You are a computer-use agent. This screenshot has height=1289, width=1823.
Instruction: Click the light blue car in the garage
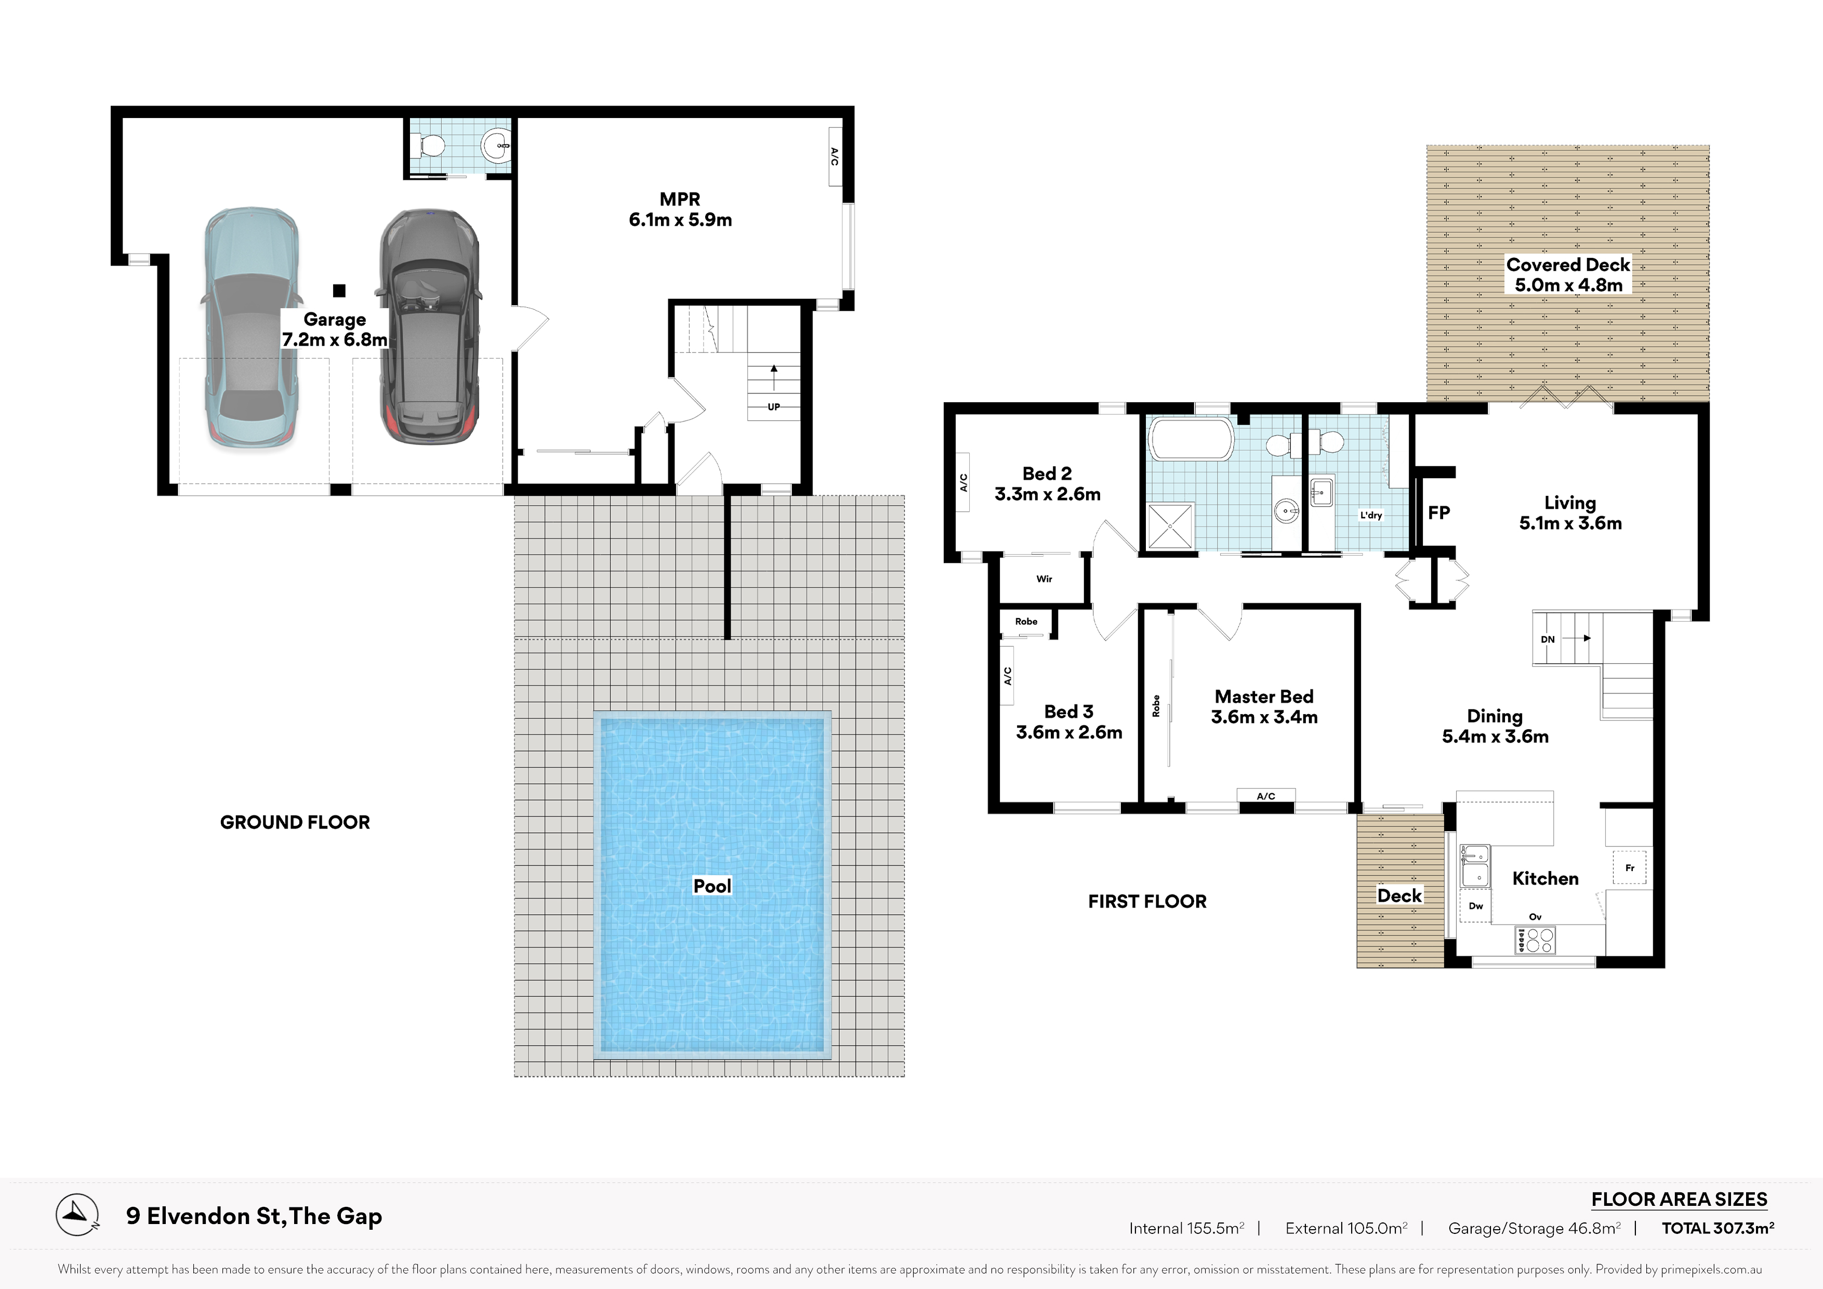tap(251, 329)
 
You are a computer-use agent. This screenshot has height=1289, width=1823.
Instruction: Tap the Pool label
tap(711, 886)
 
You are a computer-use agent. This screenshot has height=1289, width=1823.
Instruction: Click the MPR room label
tap(680, 200)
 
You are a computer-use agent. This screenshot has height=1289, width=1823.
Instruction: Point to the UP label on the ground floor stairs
tap(773, 406)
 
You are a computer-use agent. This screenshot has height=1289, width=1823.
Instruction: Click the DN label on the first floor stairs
tap(1548, 639)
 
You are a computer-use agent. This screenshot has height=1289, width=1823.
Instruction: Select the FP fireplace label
tap(1439, 513)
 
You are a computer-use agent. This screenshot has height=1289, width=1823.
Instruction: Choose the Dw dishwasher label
tap(1475, 905)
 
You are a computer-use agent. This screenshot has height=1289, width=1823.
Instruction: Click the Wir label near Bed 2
tap(1044, 579)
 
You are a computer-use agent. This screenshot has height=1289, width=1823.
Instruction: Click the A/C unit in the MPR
tap(835, 156)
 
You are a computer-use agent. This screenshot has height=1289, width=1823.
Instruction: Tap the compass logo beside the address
tap(77, 1214)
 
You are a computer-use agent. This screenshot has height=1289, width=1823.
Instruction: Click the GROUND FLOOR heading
tap(295, 822)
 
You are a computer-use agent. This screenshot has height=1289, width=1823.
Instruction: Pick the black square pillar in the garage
tap(339, 291)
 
